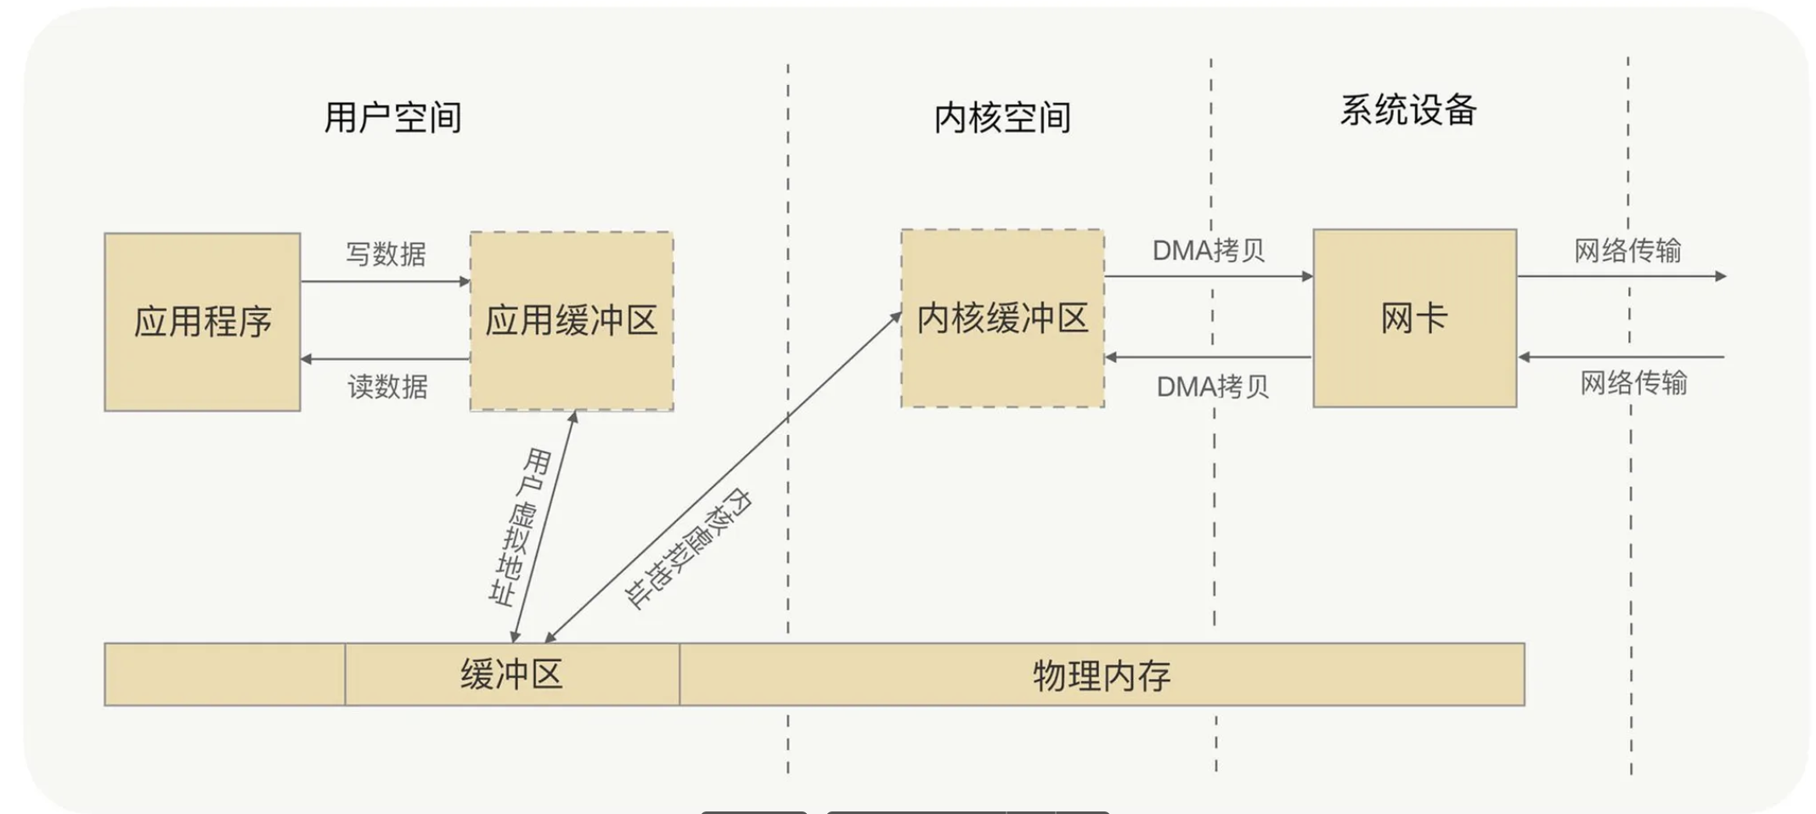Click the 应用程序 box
coord(202,322)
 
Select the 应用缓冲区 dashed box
coord(572,321)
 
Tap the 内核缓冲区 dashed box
coord(1002,319)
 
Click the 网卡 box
coord(1414,319)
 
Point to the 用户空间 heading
coord(392,117)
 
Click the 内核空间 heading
coord(1002,117)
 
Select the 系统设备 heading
coord(1408,110)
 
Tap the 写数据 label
coord(386,254)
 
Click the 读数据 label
coord(387,387)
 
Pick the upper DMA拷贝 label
coord(1208,251)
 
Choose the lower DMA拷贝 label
coord(1212,387)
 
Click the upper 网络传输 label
coord(1627,251)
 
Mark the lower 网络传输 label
coord(1633,383)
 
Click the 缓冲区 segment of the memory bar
coord(511,675)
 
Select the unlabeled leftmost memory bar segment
coord(224,675)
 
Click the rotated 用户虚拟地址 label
coord(518,527)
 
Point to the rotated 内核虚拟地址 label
coord(688,548)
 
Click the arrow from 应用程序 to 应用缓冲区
coord(386,281)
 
